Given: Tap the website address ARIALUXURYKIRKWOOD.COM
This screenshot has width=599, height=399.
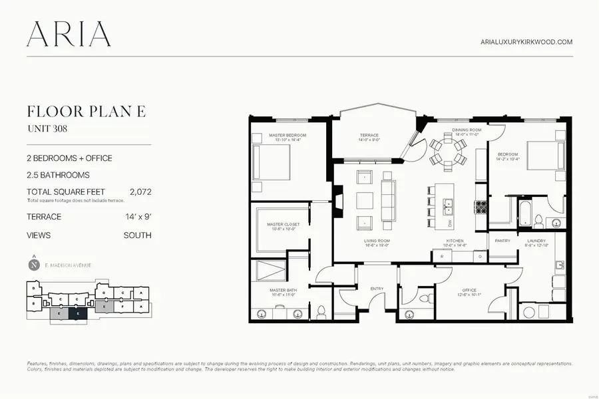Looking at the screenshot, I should tap(526, 42).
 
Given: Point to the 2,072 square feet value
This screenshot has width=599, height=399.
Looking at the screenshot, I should tap(140, 192).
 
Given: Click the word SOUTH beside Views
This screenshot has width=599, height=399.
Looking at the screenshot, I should tap(137, 235).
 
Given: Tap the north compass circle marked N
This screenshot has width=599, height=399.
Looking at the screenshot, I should tap(34, 265).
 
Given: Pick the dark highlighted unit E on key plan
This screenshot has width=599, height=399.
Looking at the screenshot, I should tap(78, 312).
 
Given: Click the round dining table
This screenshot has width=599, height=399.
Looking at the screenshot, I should tap(443, 150).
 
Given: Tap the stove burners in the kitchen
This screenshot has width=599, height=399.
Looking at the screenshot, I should tap(481, 207).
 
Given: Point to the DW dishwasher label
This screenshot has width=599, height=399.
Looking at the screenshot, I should tap(450, 223).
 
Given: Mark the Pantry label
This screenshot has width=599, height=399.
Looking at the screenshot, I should tap(502, 241).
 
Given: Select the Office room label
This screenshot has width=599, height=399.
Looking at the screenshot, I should tap(470, 291).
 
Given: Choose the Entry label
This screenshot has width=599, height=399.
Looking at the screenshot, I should tap(377, 288).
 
